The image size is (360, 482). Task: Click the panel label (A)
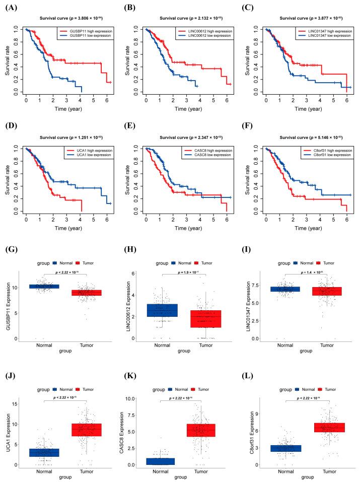(10, 7)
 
